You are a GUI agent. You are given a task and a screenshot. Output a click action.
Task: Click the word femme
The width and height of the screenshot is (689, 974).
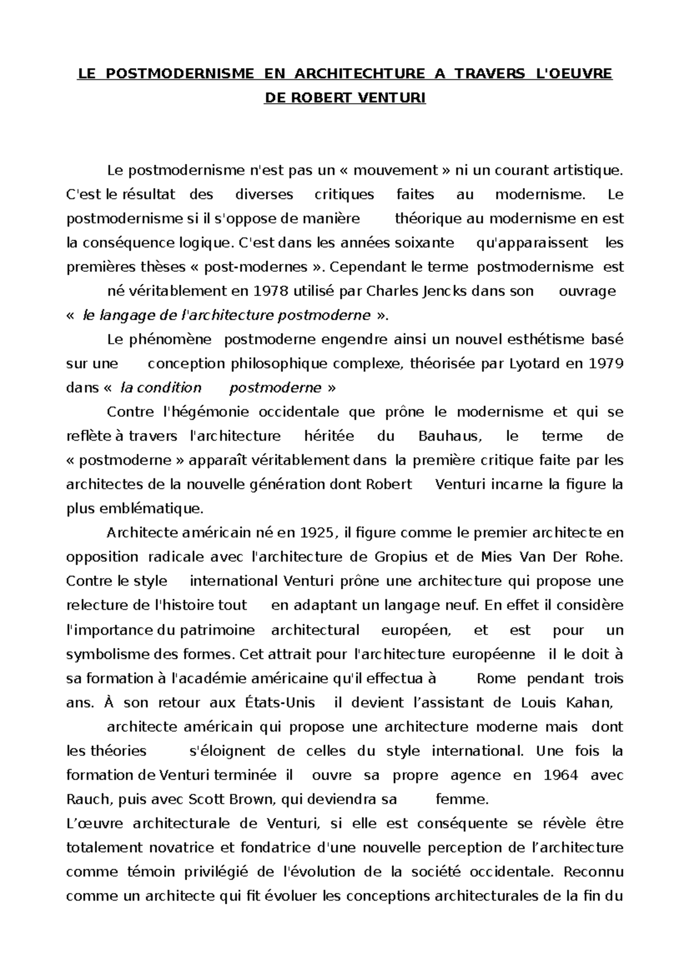point(462,800)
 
